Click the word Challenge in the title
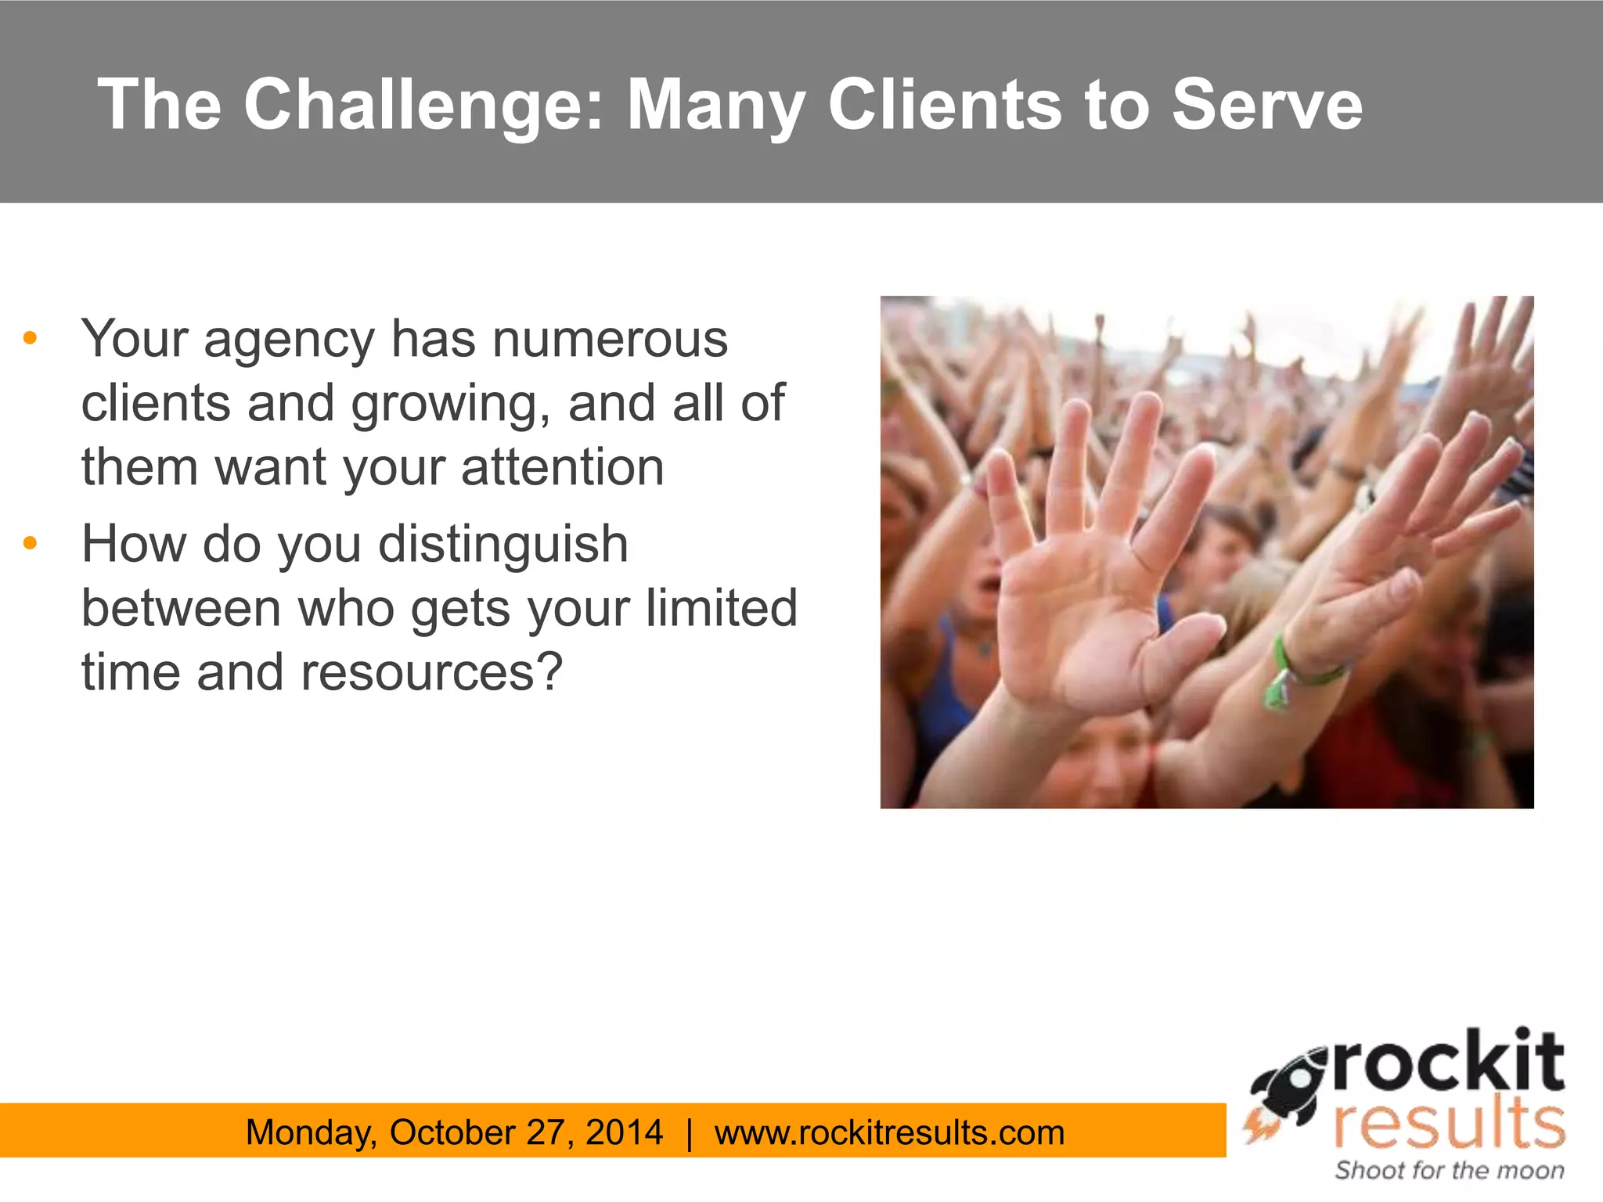coord(423,106)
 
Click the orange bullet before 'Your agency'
coord(31,338)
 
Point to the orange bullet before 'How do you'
coord(31,543)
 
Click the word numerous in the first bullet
coord(610,340)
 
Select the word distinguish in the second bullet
coord(503,545)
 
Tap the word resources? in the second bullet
coord(431,672)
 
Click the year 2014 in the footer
coord(624,1132)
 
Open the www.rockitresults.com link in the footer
coord(889,1132)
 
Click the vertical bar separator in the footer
coord(689,1132)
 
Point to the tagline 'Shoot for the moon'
coord(1449,1170)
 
